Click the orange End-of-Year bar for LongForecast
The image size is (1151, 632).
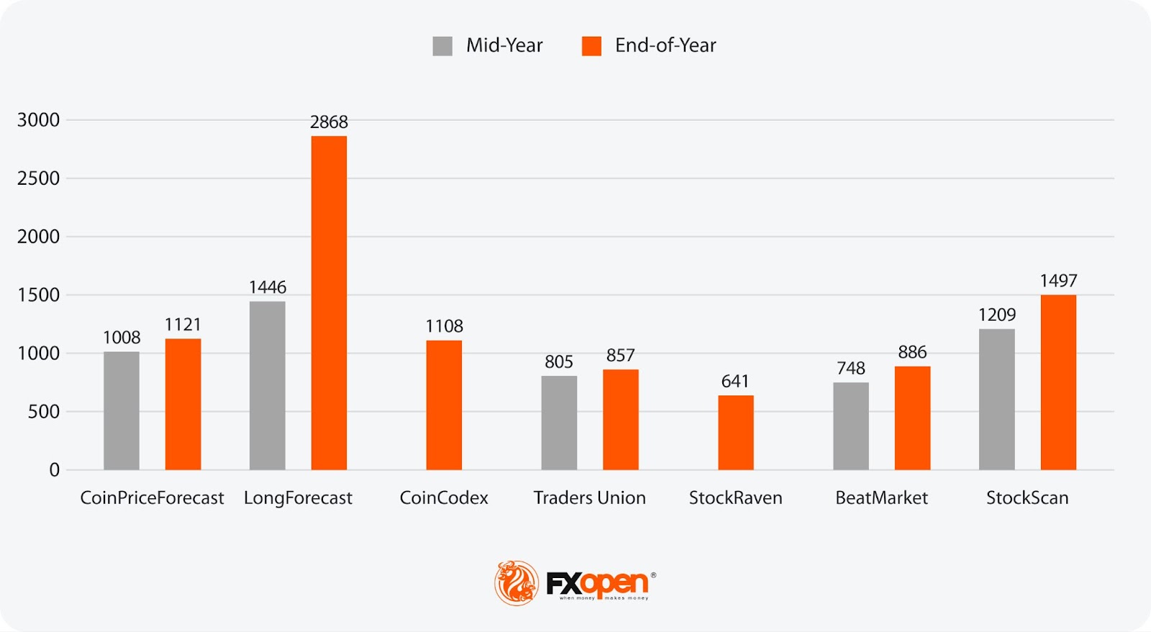[329, 303]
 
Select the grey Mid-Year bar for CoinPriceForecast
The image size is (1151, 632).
[122, 411]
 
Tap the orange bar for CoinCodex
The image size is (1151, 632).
[444, 405]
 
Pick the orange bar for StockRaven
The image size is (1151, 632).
[735, 432]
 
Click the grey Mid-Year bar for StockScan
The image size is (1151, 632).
[996, 399]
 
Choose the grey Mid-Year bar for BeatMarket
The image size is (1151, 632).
[850, 426]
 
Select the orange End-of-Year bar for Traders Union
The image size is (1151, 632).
[620, 419]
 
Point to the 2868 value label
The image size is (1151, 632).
[329, 122]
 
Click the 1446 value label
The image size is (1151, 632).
[268, 288]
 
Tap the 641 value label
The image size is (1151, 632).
[735, 381]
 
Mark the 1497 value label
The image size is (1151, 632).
[1058, 281]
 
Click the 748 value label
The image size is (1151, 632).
[850, 368]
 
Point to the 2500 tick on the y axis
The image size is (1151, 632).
[39, 178]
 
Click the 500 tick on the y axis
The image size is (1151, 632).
[44, 412]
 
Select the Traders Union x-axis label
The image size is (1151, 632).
[589, 498]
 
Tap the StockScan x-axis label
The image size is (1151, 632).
[1027, 498]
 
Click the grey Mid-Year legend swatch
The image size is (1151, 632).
[442, 46]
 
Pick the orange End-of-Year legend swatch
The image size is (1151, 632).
[591, 46]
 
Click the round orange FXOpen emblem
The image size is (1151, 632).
[516, 582]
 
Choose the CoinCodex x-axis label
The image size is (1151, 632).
[444, 498]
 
